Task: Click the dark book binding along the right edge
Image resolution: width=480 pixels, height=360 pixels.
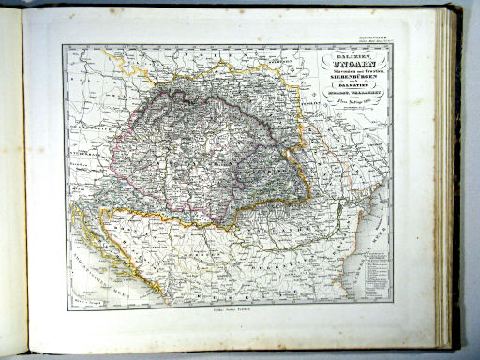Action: [458, 178]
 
